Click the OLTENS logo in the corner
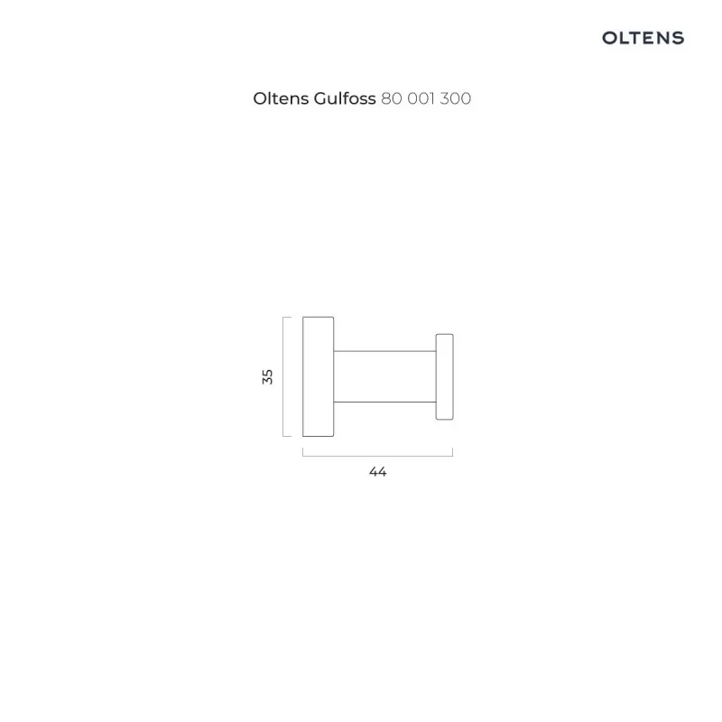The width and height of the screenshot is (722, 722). pyautogui.click(x=643, y=38)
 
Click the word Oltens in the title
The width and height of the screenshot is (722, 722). pyautogui.click(x=281, y=98)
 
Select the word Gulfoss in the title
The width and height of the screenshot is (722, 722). pyautogui.click(x=345, y=98)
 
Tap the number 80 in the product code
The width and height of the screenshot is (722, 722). pyautogui.click(x=392, y=98)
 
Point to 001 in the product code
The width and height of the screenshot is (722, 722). pyautogui.click(x=421, y=98)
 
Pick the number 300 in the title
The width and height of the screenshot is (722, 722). pyautogui.click(x=456, y=98)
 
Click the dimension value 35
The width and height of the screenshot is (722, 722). pyautogui.click(x=267, y=376)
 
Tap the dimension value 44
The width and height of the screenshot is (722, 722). pyautogui.click(x=377, y=471)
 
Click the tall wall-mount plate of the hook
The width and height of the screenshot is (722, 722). pyautogui.click(x=319, y=376)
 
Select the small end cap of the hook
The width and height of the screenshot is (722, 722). pyautogui.click(x=444, y=376)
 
